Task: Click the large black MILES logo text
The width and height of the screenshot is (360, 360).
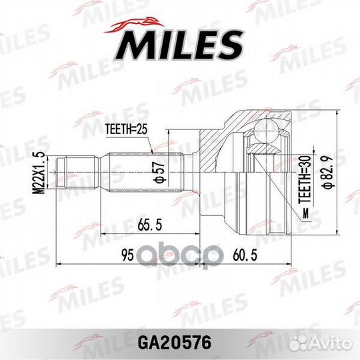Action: [x=179, y=45]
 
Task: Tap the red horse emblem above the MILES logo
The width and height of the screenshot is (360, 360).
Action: [x=134, y=25]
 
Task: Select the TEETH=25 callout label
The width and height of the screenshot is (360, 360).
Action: [x=126, y=129]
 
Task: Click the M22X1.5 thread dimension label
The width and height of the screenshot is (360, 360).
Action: [x=39, y=173]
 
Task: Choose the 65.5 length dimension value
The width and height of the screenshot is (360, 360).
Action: [x=150, y=225]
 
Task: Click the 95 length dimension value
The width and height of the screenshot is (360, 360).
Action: [x=127, y=255]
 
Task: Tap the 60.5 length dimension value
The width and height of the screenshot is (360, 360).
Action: [x=245, y=255]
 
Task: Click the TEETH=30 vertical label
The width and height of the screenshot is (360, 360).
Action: [x=305, y=180]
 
